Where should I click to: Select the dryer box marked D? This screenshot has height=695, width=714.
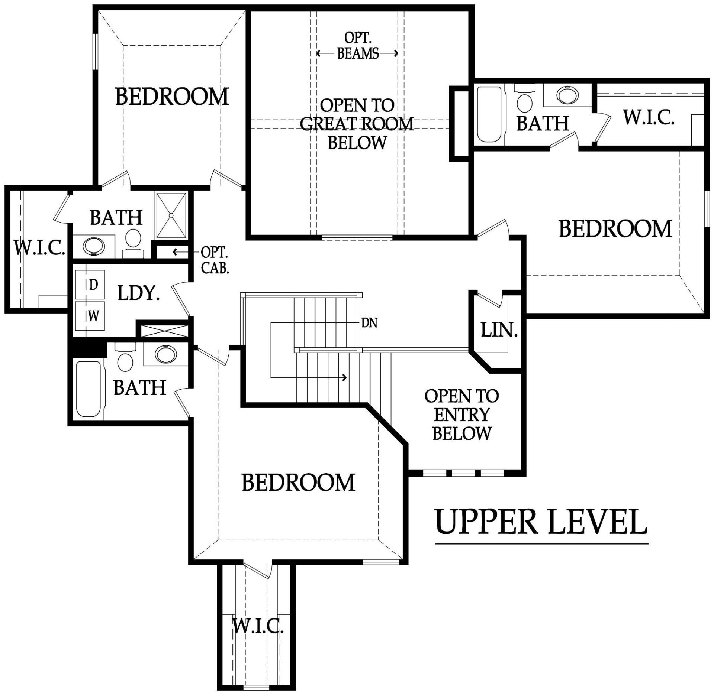click(x=90, y=285)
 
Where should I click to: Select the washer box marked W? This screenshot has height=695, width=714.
click(x=90, y=316)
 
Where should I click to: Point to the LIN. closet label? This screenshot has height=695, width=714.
click(x=499, y=330)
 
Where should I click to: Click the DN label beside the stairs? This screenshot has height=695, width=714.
click(x=369, y=323)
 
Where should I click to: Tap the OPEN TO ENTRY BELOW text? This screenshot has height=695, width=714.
click(x=462, y=415)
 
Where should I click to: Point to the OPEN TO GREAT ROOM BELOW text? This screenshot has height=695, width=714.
click(x=357, y=124)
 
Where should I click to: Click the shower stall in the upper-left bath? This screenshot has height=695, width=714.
click(x=171, y=215)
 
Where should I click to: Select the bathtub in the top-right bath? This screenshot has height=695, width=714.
click(x=489, y=114)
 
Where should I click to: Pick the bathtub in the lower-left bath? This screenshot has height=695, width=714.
click(x=89, y=389)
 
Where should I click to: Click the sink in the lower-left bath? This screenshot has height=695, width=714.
click(x=165, y=354)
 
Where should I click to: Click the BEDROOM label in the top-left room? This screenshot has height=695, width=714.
click(x=172, y=96)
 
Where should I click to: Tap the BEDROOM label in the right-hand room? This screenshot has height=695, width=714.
click(x=615, y=228)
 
